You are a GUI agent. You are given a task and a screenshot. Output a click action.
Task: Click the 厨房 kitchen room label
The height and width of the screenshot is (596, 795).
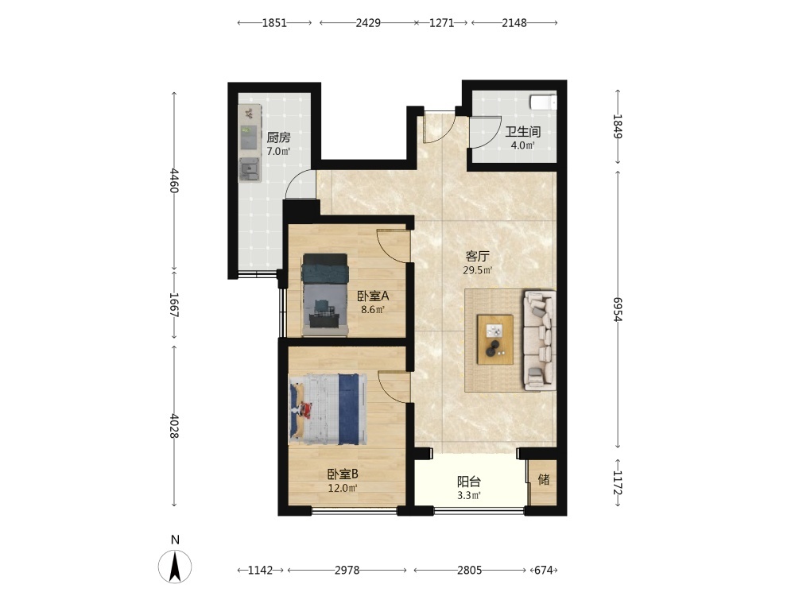tap(278, 137)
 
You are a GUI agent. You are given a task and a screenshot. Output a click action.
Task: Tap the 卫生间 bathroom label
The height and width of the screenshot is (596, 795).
tap(523, 132)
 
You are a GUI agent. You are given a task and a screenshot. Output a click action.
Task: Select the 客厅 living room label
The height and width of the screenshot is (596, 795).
tap(477, 257)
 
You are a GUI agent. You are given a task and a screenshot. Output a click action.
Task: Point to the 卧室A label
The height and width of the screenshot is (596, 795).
tap(373, 296)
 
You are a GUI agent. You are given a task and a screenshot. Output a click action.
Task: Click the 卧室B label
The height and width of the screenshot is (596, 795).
tap(343, 474)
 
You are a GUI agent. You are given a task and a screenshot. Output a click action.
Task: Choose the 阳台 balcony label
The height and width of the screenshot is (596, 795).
tap(469, 482)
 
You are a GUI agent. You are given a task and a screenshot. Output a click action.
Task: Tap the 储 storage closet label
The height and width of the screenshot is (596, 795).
tap(544, 479)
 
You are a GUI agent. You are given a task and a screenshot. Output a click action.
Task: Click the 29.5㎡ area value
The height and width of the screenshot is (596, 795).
tap(477, 271)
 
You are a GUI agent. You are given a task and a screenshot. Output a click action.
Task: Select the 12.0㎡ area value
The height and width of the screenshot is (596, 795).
tap(343, 489)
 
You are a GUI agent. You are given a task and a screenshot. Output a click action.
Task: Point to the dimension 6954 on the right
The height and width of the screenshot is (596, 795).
tap(618, 309)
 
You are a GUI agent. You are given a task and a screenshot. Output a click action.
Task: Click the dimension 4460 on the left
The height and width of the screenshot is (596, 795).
tap(174, 180)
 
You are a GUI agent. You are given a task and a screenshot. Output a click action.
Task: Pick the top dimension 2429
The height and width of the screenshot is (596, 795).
tap(368, 23)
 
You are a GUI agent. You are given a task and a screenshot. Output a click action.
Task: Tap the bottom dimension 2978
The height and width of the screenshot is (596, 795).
tap(347, 570)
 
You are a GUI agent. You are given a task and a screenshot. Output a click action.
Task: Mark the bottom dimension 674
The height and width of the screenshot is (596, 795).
tap(544, 570)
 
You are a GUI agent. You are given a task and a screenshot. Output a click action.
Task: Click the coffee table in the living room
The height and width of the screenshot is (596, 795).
tap(494, 339)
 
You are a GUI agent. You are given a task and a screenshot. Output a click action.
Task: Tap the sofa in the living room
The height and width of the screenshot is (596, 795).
tap(540, 340)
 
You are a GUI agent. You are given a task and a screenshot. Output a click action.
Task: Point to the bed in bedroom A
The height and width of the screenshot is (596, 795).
tap(325, 295)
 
